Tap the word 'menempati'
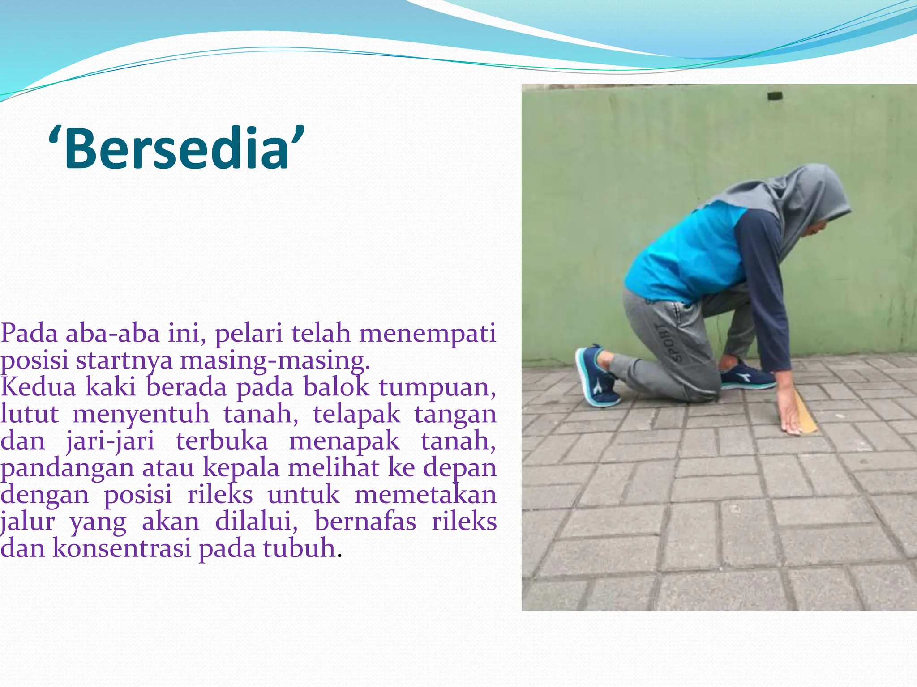tap(428, 333)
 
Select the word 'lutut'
tap(30, 414)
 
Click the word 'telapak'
tap(356, 414)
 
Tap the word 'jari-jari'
tap(110, 441)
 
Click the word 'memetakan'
tap(425, 495)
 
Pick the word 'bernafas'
tap(365, 522)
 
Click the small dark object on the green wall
tap(775, 96)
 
